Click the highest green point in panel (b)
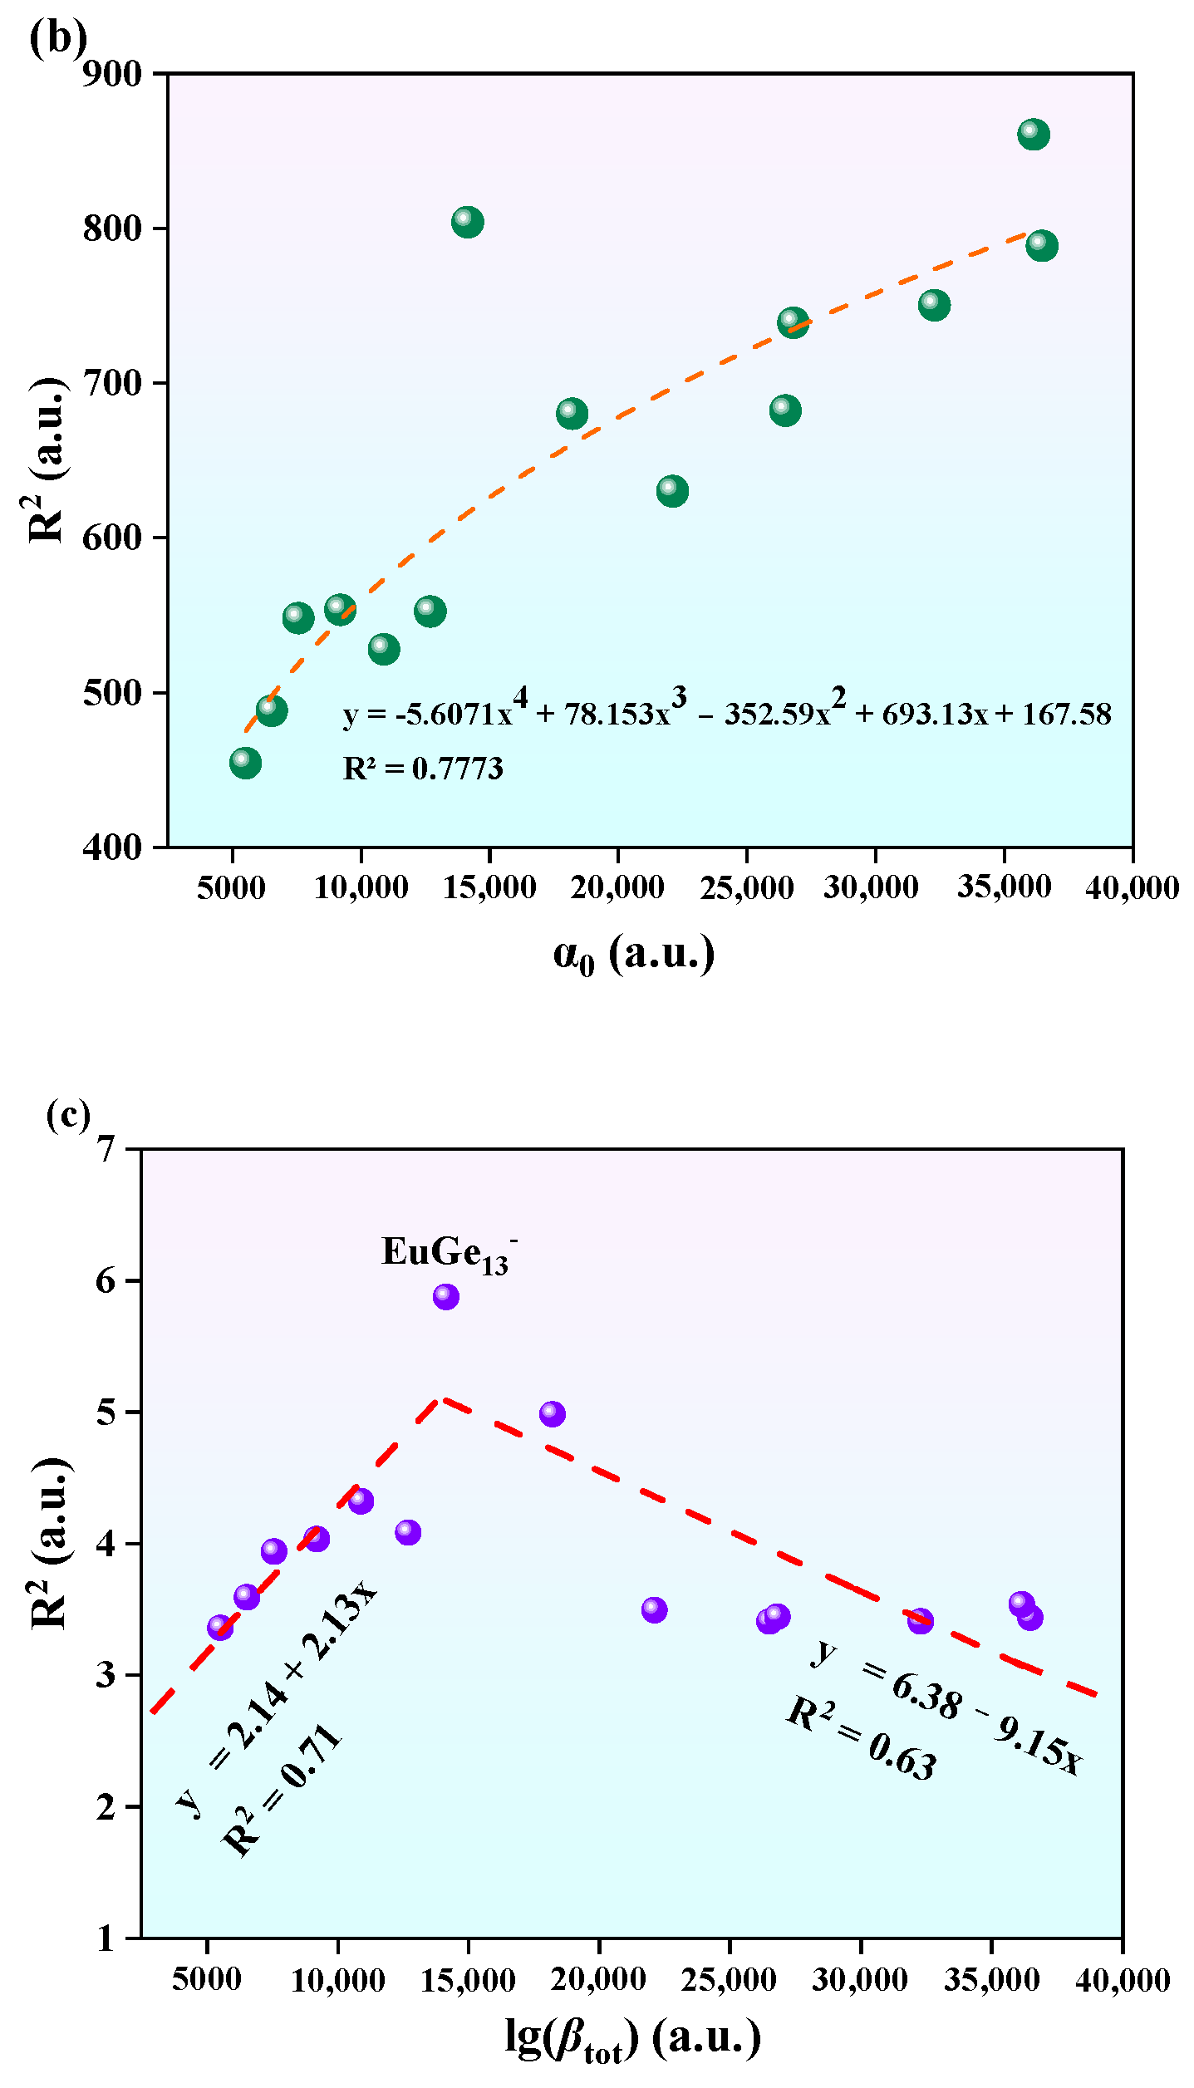coord(1033,134)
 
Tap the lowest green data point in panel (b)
coord(245,763)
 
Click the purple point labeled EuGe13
coord(446,1296)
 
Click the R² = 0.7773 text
coord(423,769)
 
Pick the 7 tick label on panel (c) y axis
coord(106,1149)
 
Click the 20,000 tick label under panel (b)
coord(617,887)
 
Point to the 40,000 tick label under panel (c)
coord(1122,1980)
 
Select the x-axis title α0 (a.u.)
coord(633,954)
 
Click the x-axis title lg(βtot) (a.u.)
coord(633,2038)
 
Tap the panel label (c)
coord(68,1114)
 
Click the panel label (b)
coord(57,37)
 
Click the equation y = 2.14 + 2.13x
coord(277,1695)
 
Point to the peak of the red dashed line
coord(442,1399)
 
